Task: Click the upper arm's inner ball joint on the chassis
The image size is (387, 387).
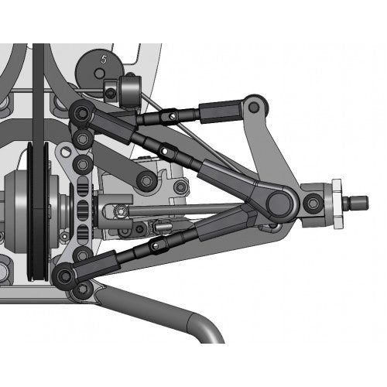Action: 80,115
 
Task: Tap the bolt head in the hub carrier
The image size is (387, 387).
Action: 312,203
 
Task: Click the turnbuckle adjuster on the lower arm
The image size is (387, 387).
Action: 159,246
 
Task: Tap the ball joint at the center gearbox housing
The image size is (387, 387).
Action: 145,180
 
